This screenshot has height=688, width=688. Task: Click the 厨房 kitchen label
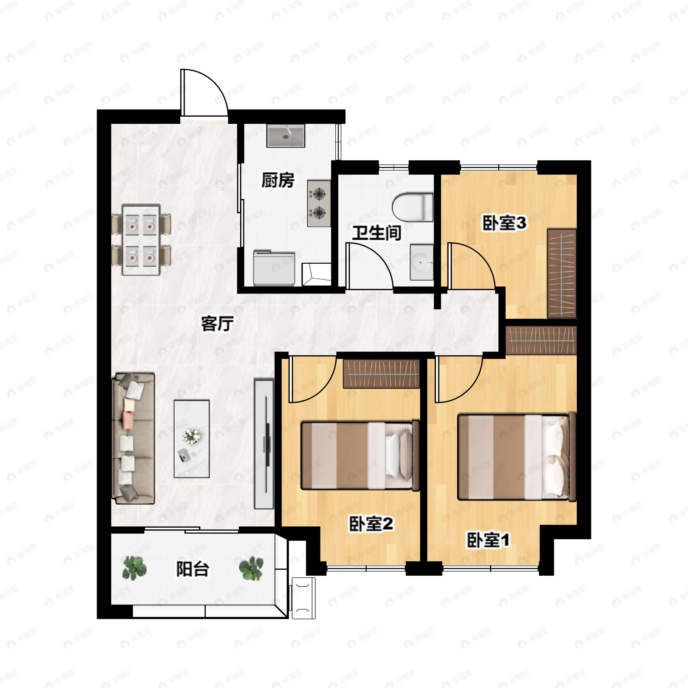pyautogui.click(x=278, y=180)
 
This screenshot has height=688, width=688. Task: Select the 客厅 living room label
pyautogui.click(x=217, y=324)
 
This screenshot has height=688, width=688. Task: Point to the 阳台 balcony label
pyautogui.click(x=193, y=569)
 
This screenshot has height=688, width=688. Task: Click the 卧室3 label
pyautogui.click(x=504, y=223)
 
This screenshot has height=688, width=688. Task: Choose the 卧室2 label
pyautogui.click(x=371, y=524)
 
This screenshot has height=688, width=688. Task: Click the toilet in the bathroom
pyautogui.click(x=413, y=207)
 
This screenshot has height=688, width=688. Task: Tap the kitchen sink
pyautogui.click(x=286, y=136)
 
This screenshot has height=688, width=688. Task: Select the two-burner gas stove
pyautogui.click(x=319, y=203)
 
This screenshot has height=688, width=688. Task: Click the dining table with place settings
pyautogui.click(x=141, y=240)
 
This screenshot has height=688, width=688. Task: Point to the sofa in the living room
pyautogui.click(x=133, y=438)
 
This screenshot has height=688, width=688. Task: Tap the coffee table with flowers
pyautogui.click(x=191, y=439)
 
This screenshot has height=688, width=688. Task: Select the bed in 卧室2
pyautogui.click(x=360, y=456)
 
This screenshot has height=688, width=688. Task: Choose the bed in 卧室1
pyautogui.click(x=517, y=457)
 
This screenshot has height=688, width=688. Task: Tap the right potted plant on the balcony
pyautogui.click(x=251, y=569)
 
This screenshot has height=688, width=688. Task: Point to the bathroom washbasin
pyautogui.click(x=422, y=263)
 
